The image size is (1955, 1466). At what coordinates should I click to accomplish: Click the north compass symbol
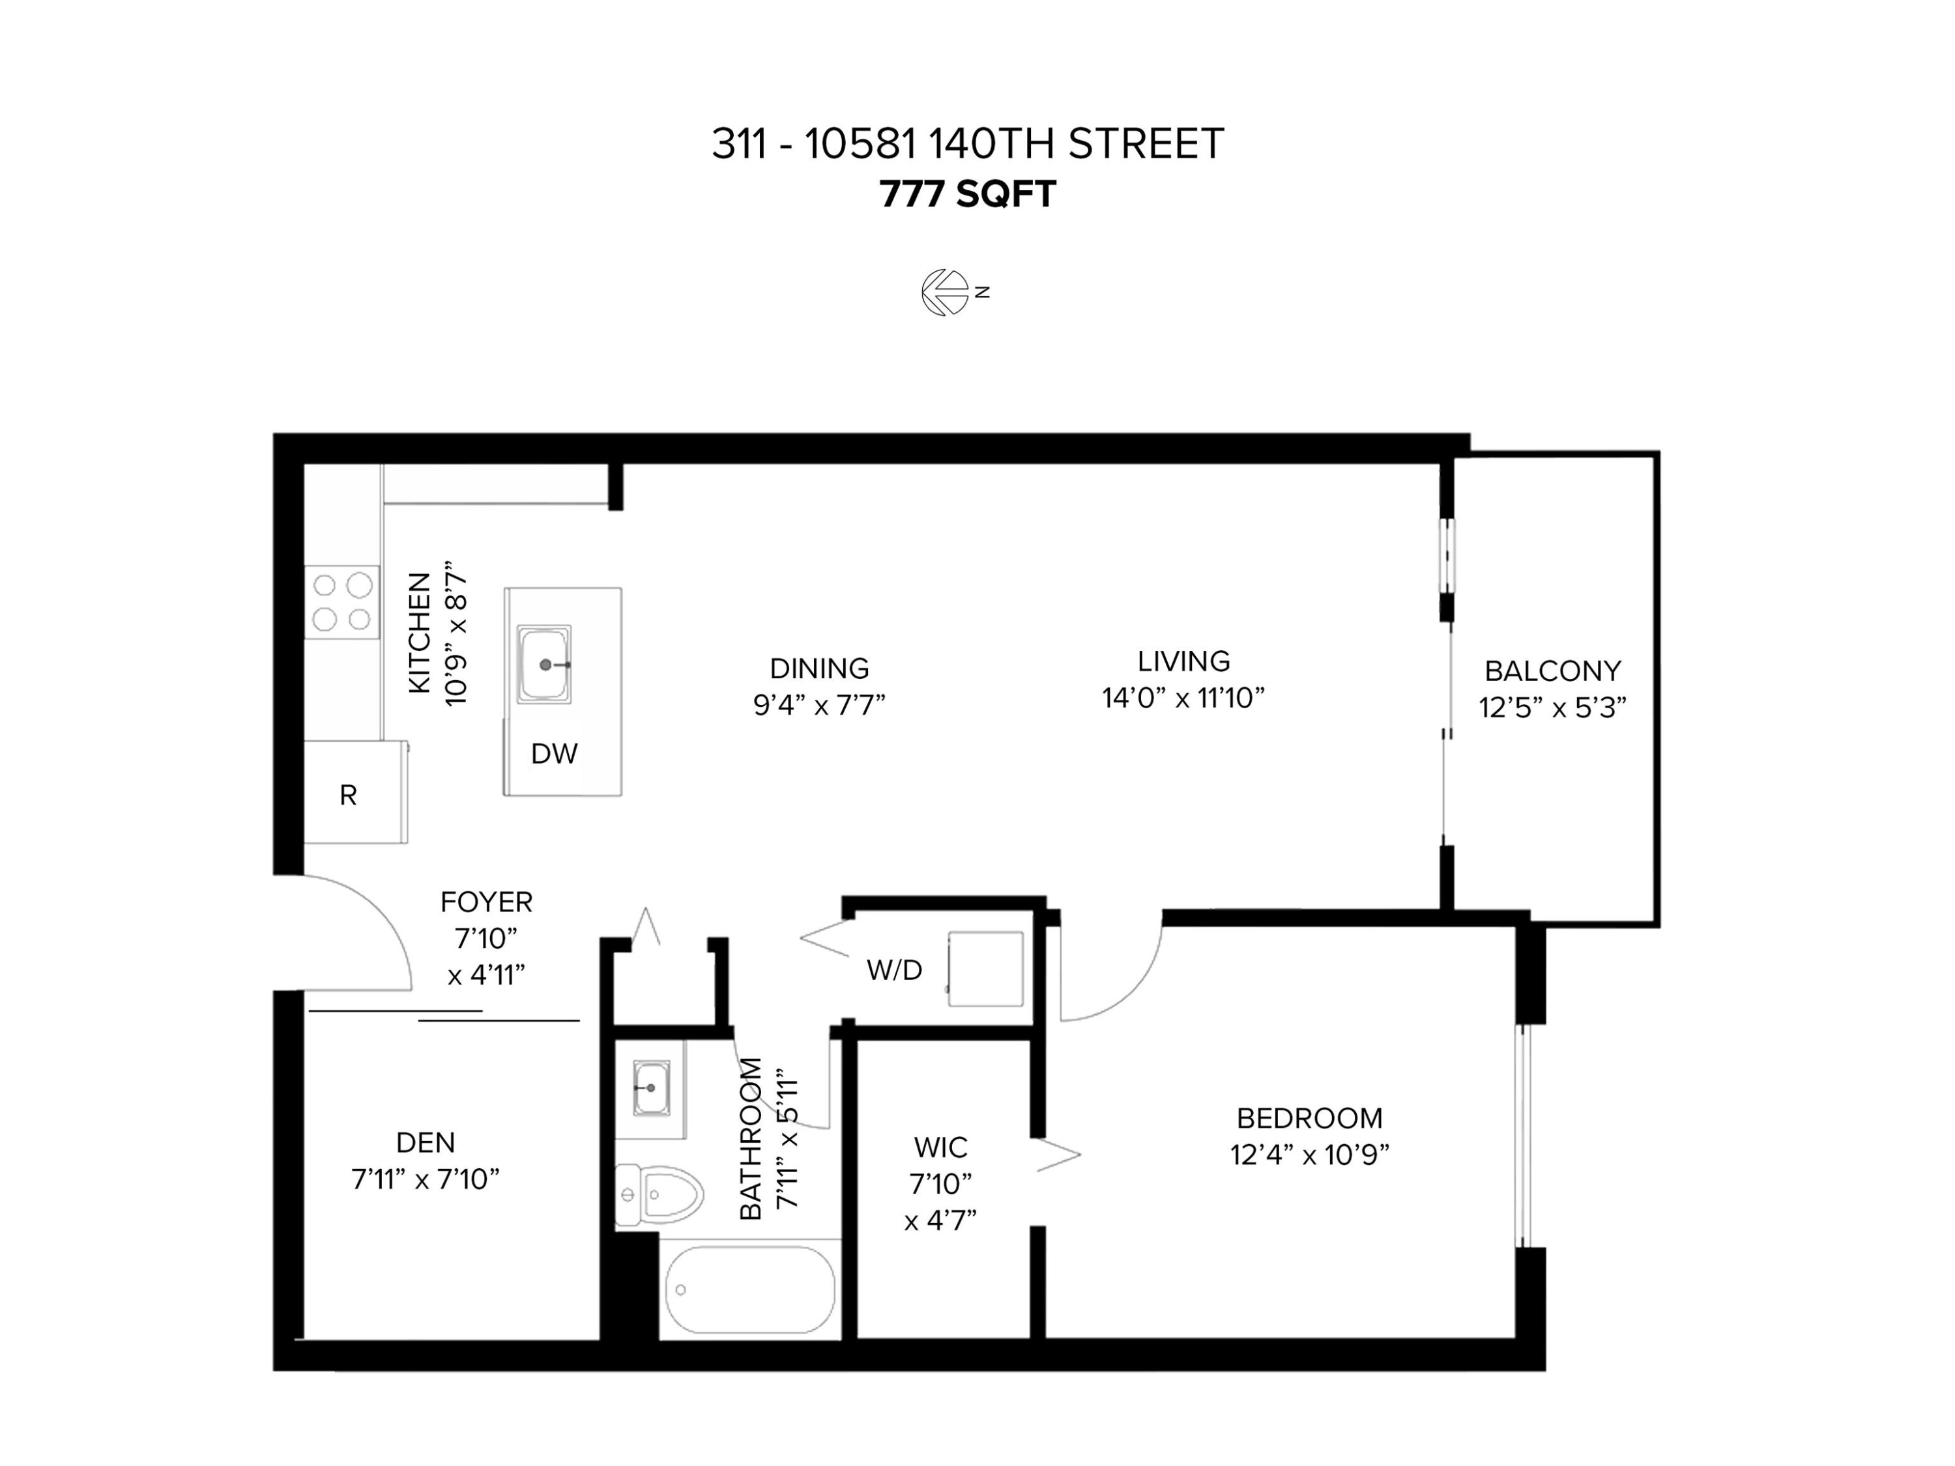point(946,293)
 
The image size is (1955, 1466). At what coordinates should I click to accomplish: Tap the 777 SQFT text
point(968,194)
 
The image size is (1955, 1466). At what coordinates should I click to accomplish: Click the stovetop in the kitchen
point(342,602)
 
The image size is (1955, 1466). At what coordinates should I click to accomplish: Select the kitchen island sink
point(544,665)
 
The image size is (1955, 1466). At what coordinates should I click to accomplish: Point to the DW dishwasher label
point(554,754)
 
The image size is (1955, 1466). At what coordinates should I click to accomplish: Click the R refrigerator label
point(348,796)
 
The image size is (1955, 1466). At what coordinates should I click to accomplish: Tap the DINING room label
point(819,668)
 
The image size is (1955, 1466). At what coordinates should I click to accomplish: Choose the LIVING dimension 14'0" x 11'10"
point(1183,698)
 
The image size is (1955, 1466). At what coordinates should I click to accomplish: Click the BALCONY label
point(1553,672)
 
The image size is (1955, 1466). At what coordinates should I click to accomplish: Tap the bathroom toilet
point(658,1196)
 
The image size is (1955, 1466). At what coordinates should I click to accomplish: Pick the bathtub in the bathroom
point(749,1289)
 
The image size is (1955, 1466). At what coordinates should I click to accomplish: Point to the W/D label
point(895,970)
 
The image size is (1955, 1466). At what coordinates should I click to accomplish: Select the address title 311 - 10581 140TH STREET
point(968,144)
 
